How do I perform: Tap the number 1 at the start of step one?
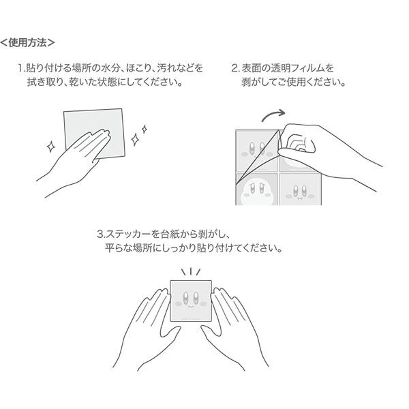20,68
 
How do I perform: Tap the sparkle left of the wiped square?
50,147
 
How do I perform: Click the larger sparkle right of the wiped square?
136,139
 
